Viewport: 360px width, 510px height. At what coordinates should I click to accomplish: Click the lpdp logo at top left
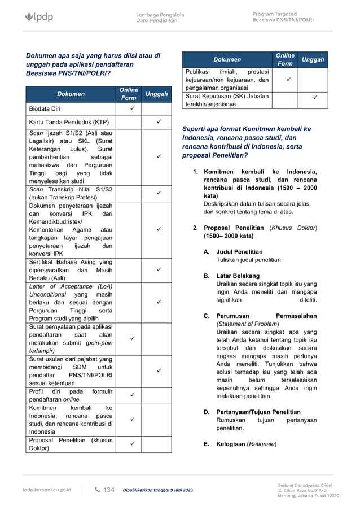pos(39,17)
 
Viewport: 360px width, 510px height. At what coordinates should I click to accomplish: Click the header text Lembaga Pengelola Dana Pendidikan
pos(156,17)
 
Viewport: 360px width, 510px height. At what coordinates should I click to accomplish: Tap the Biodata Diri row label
pos(45,108)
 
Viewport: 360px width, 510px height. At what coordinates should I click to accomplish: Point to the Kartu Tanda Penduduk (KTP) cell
pos(69,122)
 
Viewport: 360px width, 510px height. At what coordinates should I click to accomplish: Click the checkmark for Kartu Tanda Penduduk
pos(159,122)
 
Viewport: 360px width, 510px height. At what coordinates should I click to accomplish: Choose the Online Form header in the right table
pos(285,59)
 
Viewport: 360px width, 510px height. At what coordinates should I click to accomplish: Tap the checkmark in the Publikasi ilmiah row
pos(285,80)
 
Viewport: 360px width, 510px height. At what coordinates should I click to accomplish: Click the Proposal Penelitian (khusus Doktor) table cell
pos(71,444)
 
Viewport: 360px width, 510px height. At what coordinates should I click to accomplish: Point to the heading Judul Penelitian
pos(239,251)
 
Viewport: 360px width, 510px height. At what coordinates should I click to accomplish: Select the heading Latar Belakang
pos(238,276)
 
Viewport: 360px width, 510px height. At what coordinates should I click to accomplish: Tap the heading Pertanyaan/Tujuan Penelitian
pos(258,412)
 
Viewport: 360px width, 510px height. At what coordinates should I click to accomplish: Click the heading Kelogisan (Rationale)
pos(246,444)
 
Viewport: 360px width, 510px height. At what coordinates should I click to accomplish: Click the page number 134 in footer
pos(108,490)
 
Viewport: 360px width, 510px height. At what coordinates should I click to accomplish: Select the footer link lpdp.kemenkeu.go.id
pos(47,490)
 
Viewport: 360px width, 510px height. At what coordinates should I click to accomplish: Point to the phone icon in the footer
pos(97,490)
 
